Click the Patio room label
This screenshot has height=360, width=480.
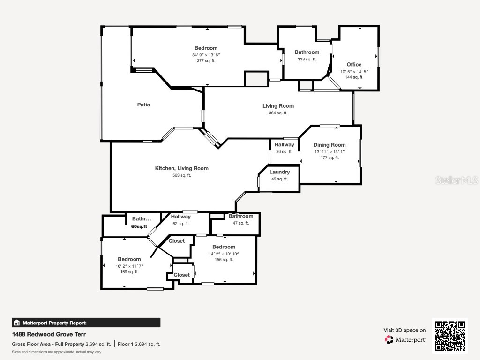(143, 105)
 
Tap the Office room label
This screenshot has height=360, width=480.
(354, 65)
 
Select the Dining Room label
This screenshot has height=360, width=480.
(329, 145)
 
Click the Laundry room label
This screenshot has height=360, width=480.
(279, 172)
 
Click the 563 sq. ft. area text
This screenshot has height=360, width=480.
(182, 175)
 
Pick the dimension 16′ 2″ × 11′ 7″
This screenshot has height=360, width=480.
(129, 266)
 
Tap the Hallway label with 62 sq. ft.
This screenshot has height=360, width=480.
(180, 217)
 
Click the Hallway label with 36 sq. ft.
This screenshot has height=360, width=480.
(284, 145)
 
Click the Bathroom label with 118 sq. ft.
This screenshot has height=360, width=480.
(307, 52)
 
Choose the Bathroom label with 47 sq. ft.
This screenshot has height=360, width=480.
(240, 216)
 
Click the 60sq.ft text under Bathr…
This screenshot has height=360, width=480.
(139, 226)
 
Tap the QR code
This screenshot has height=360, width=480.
(450, 335)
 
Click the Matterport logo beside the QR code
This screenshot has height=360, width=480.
(405, 339)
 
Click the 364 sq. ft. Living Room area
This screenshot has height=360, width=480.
(278, 113)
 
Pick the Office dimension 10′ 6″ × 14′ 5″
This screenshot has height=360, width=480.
(354, 72)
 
